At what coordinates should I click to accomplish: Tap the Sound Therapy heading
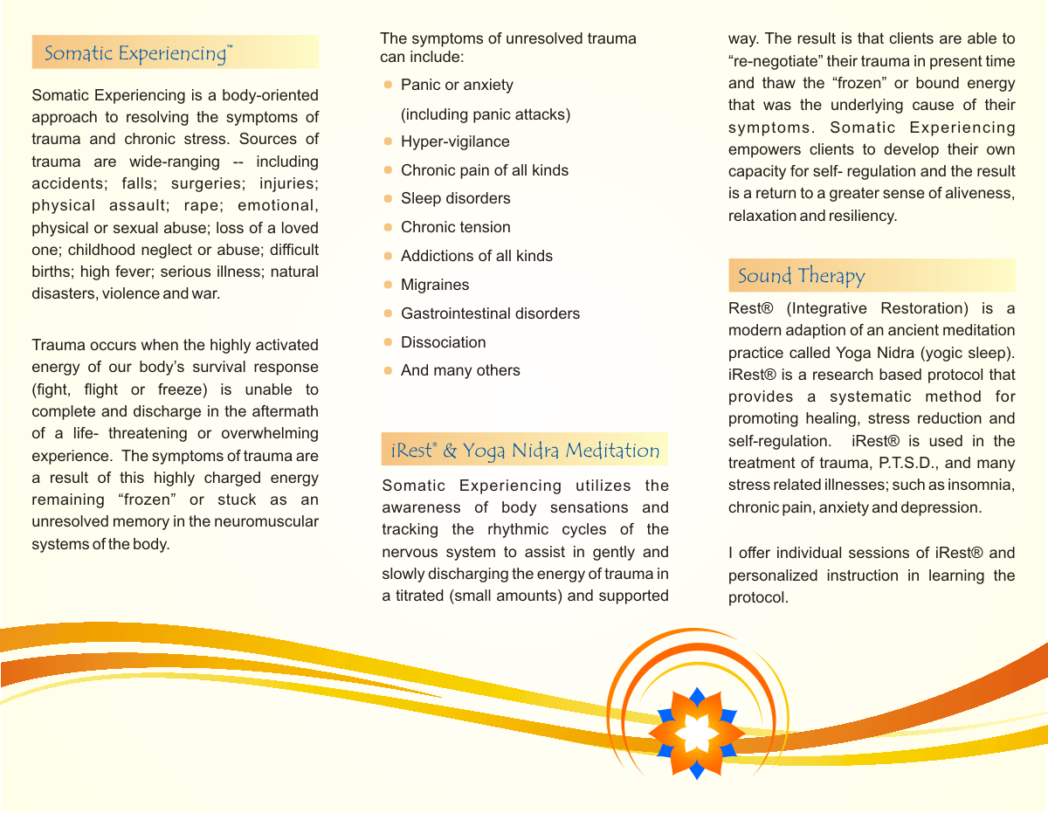click(801, 277)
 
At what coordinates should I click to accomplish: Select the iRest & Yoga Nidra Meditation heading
click(525, 451)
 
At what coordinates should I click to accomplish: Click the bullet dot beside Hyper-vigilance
click(389, 141)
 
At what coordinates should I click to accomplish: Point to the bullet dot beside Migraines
click(389, 285)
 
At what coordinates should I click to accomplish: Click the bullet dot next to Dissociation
click(389, 342)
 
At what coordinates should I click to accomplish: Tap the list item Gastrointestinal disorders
click(490, 313)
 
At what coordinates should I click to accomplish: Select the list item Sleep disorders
click(455, 198)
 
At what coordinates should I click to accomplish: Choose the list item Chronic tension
click(455, 227)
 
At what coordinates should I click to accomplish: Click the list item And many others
click(460, 370)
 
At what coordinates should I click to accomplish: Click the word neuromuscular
click(272, 522)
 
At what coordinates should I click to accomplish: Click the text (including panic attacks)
click(486, 114)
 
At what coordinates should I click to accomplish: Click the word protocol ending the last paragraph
click(757, 598)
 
